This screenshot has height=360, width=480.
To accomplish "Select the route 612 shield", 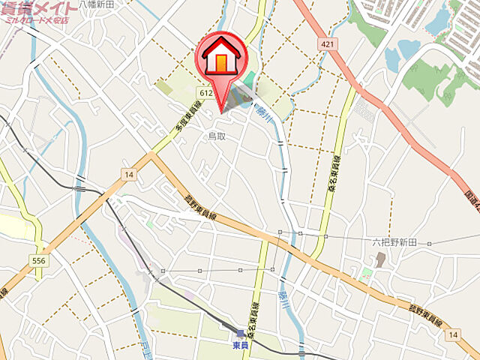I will coord(208,91).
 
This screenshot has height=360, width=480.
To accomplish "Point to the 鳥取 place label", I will coord(217,136).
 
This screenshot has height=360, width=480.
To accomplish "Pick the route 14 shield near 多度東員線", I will coord(129,175).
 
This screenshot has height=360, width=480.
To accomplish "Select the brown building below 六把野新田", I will coord(379,259).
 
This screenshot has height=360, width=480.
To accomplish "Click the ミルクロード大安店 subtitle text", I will coord(36,20).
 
